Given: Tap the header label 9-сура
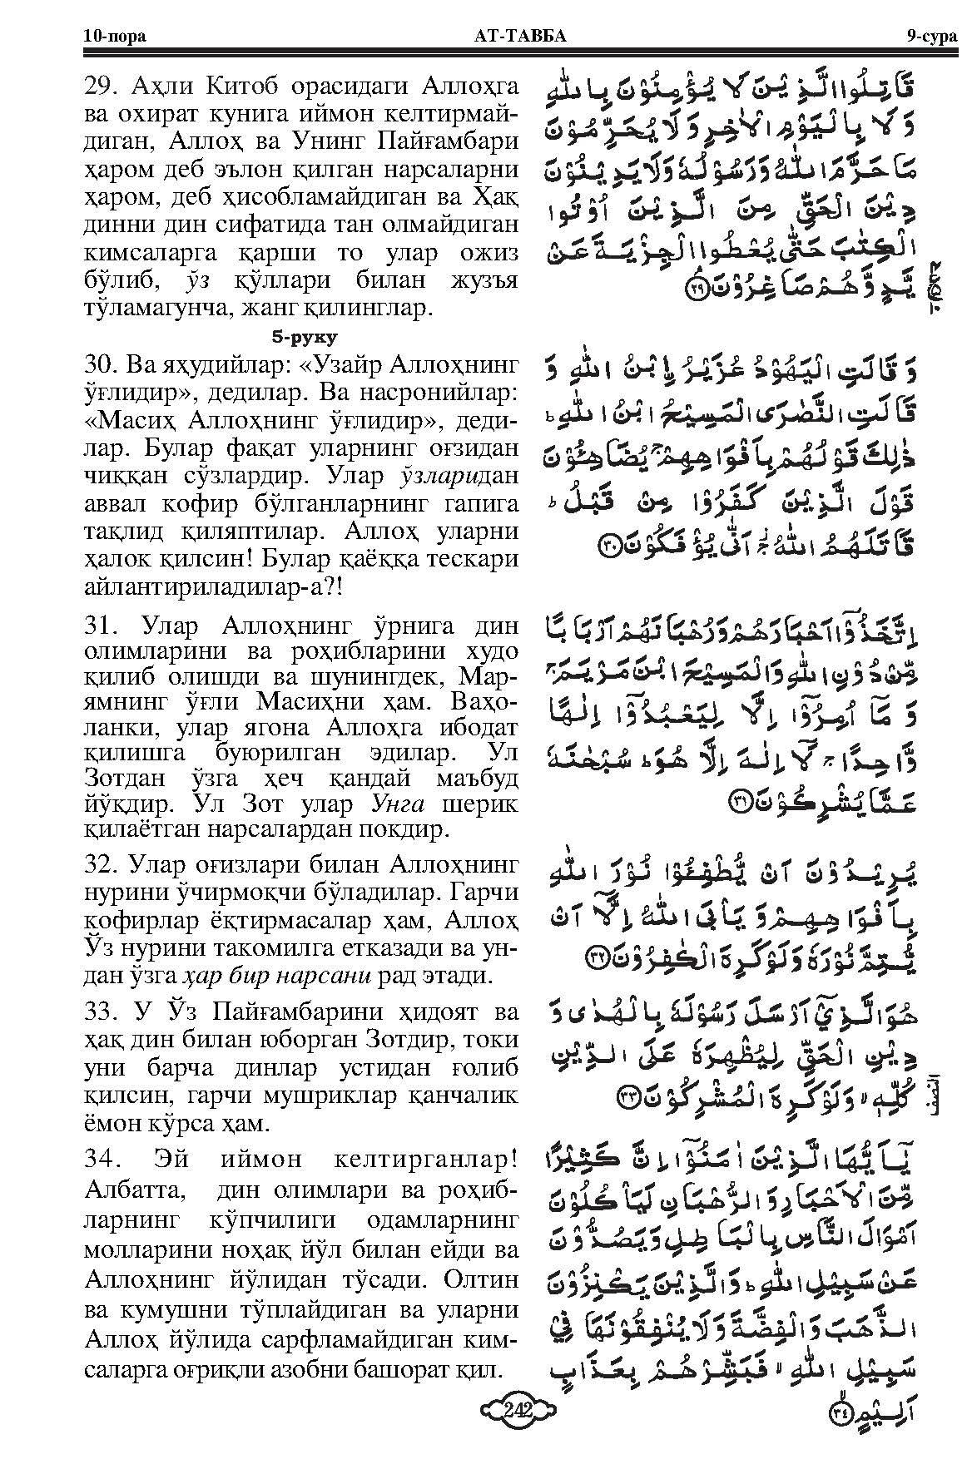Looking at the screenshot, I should (932, 37).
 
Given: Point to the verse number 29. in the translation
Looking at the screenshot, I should (103, 85).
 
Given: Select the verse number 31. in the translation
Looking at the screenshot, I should (103, 626).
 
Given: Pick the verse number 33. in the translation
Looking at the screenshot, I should (103, 1013).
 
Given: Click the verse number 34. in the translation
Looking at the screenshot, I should (103, 1160).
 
